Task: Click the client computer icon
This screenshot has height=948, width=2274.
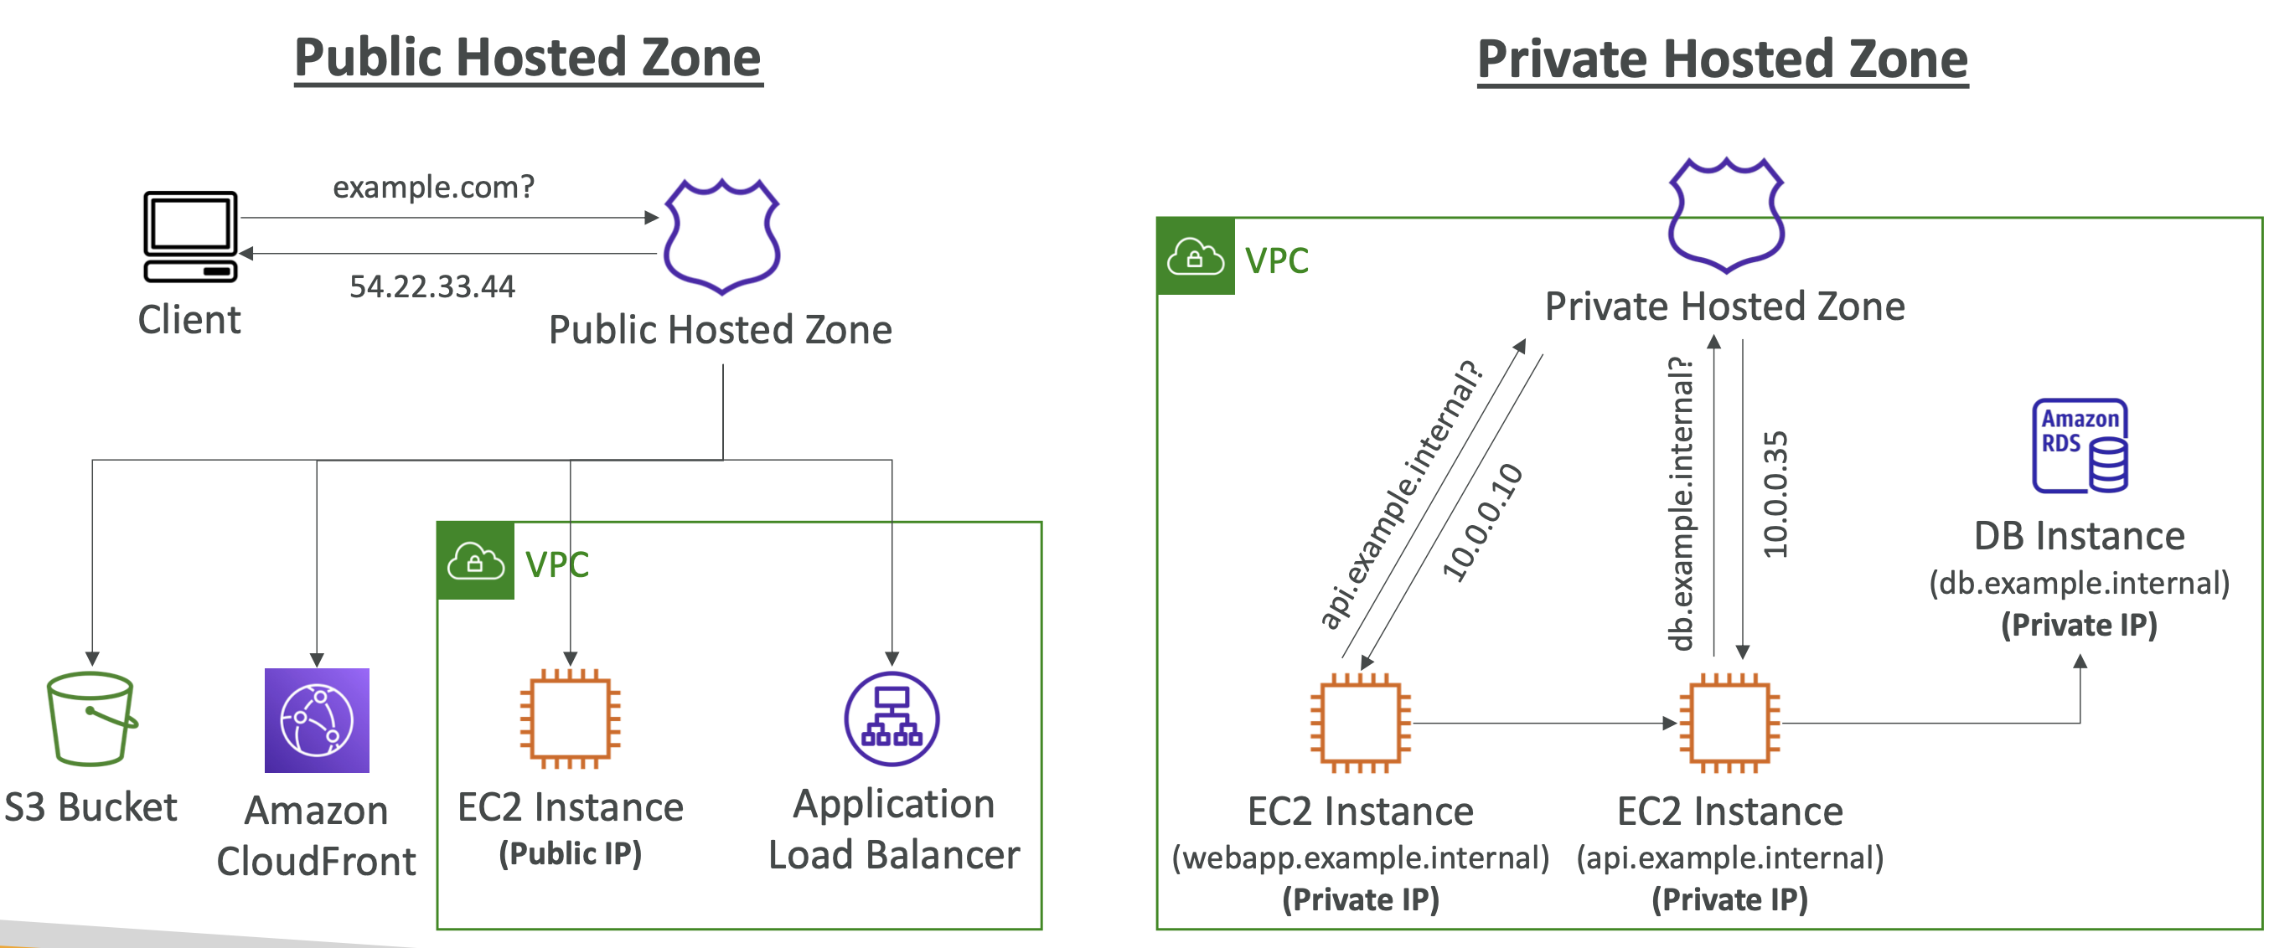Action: (191, 236)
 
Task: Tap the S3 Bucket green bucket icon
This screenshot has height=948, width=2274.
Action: (92, 719)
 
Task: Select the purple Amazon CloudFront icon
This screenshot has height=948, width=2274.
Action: (317, 720)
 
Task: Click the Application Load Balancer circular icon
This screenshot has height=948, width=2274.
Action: (892, 719)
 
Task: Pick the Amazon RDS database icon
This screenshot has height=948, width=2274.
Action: (2080, 446)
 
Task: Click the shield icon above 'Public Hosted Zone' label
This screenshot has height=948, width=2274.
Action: (722, 236)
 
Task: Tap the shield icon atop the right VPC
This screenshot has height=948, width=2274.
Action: (1727, 215)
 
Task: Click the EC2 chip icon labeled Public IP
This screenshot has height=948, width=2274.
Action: (571, 719)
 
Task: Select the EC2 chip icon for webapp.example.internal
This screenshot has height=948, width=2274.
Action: (1361, 723)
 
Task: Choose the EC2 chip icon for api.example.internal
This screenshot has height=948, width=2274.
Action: (1729, 723)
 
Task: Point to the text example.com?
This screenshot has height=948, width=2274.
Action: (433, 187)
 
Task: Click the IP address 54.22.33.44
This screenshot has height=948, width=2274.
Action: (432, 286)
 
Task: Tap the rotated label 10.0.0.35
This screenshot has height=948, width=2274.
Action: (1775, 494)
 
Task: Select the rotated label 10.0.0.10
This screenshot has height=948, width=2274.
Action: (1482, 522)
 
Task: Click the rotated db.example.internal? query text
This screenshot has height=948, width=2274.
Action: (1680, 503)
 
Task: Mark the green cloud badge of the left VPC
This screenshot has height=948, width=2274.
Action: (476, 560)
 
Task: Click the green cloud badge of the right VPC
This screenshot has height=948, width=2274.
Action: (1196, 256)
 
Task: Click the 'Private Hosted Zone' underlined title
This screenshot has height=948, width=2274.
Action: (1723, 59)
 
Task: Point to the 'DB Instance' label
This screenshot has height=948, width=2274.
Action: (2079, 536)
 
